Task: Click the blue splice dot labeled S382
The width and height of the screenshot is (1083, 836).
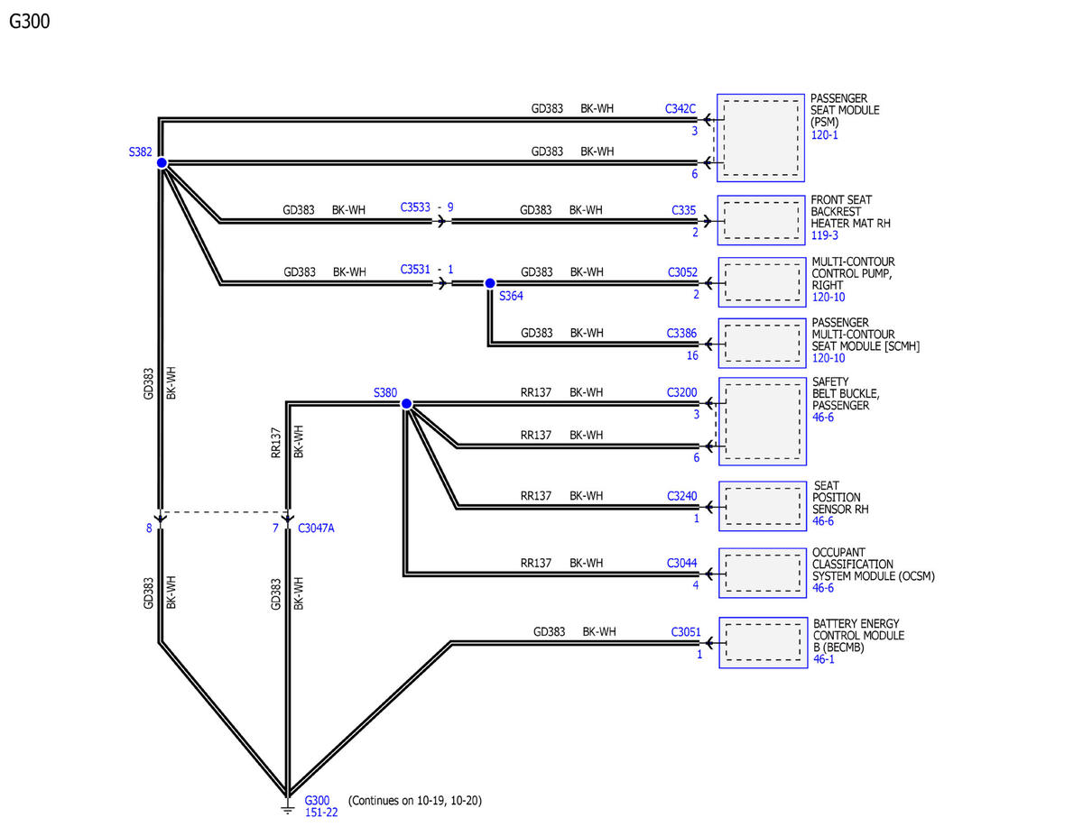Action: coord(162,163)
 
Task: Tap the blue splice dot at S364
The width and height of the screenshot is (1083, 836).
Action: coord(490,283)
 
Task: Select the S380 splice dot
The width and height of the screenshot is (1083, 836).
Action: coord(406,404)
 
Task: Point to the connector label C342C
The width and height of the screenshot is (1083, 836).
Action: coord(680,108)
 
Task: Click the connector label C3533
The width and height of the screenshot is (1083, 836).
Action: coord(414,207)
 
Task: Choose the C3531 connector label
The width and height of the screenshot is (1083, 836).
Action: coord(414,270)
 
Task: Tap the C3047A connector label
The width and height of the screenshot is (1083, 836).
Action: coord(316,528)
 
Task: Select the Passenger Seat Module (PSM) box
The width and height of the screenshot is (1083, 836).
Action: coord(761,138)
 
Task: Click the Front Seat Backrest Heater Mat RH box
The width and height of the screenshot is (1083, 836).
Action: coord(761,220)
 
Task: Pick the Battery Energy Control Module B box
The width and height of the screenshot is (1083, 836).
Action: coord(763,642)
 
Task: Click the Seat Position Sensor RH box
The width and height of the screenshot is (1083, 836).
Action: coord(763,506)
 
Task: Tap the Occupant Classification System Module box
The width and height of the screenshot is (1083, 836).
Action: coord(763,573)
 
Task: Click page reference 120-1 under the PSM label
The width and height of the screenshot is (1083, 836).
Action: coord(824,135)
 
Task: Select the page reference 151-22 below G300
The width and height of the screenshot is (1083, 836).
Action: coord(321,812)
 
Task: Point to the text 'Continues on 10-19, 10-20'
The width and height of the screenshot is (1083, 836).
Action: coord(414,800)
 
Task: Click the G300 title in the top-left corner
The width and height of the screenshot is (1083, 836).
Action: coord(30,22)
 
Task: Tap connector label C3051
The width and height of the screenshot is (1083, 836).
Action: coord(686,632)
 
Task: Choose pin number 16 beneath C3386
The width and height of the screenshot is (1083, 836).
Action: coord(692,355)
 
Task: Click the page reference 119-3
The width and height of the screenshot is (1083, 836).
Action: coord(824,235)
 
